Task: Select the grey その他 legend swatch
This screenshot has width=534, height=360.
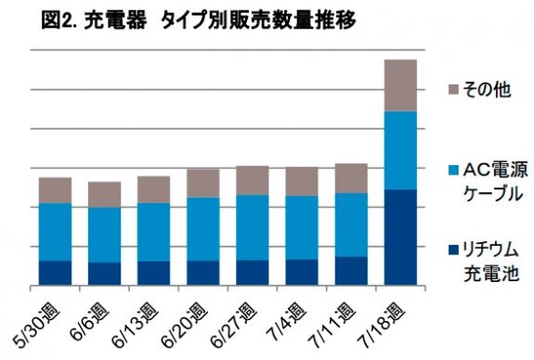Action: pyautogui.click(x=453, y=89)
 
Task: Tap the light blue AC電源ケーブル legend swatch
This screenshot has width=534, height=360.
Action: pyautogui.click(x=453, y=170)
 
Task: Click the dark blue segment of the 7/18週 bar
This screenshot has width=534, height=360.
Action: pyautogui.click(x=400, y=238)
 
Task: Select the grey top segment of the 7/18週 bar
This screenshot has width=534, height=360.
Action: pyautogui.click(x=400, y=85)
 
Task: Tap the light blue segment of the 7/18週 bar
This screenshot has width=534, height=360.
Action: pyautogui.click(x=400, y=150)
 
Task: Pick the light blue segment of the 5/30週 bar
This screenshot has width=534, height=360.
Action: pyautogui.click(x=55, y=232)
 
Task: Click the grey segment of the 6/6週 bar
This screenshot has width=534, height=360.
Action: pyautogui.click(x=104, y=195)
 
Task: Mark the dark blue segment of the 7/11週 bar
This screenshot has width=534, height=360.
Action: pyautogui.click(x=351, y=271)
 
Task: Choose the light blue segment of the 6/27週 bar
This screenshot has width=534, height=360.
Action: pyautogui.click(x=253, y=227)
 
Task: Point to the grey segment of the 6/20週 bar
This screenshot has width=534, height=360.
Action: pyautogui.click(x=202, y=183)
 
